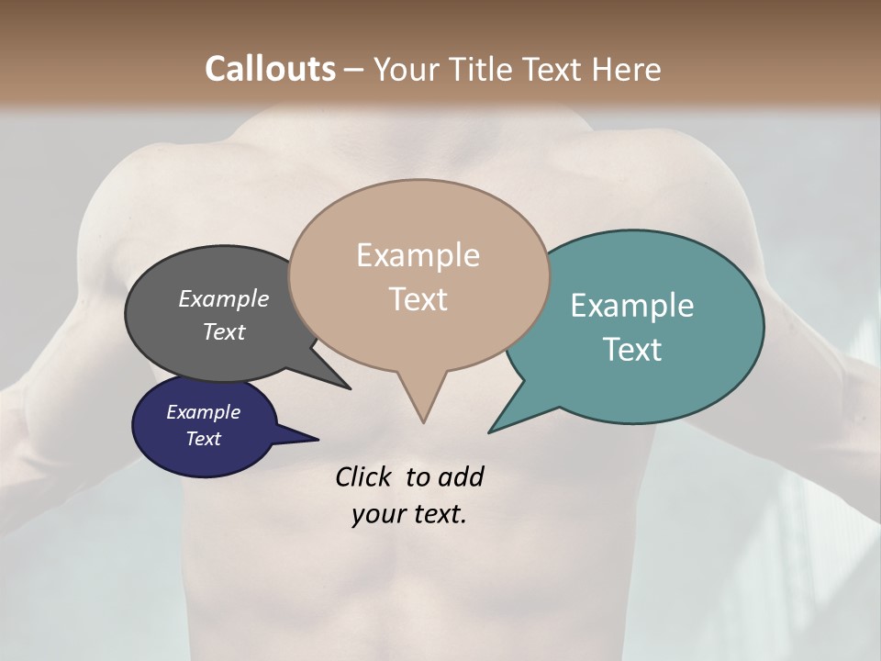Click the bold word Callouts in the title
point(270,69)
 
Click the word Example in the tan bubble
point(418,255)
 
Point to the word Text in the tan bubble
point(418,298)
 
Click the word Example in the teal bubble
point(631,306)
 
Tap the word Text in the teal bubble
point(632,349)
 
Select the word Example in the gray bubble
point(223,298)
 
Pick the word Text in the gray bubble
point(223,331)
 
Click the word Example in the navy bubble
point(203,412)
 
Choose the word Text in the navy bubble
point(203,439)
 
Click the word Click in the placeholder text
point(364,476)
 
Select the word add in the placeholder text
point(461,476)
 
